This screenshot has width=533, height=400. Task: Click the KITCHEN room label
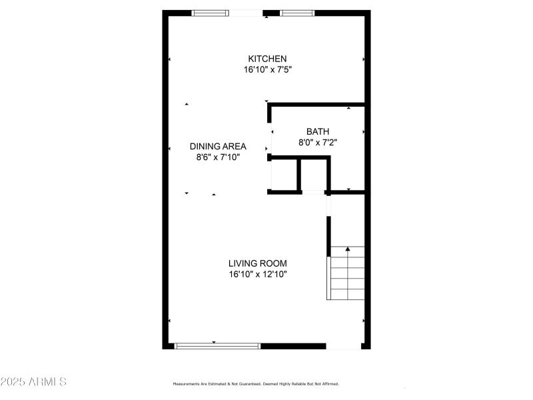coord(267,59)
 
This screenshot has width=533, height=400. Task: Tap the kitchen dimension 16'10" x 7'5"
coord(267,69)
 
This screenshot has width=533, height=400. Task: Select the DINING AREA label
coord(218,147)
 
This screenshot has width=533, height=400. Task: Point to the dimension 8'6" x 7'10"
coord(218,157)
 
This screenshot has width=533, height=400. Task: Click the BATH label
coord(318,131)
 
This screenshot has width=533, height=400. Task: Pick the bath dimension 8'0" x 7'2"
coord(322,142)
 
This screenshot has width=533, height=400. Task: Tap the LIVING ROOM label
coord(259,263)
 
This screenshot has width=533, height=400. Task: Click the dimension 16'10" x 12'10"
coord(259,274)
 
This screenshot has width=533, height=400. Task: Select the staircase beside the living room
coord(347,273)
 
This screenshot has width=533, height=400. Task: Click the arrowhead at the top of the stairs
coord(348,249)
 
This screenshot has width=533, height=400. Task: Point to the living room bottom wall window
coord(217,345)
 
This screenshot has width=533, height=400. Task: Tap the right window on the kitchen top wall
coord(296,13)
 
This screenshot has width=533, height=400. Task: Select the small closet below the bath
coord(313,175)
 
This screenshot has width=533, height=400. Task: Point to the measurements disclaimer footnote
coord(256,384)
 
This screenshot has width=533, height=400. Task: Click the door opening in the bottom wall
coord(344,346)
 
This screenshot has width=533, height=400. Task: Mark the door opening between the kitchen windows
coord(247,13)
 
